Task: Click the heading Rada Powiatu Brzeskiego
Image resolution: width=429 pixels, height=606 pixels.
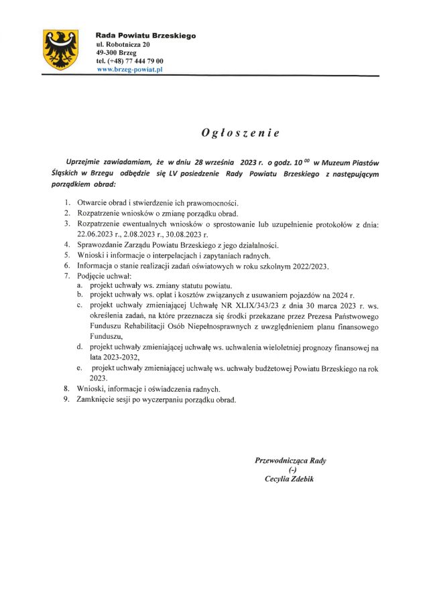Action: click(x=145, y=35)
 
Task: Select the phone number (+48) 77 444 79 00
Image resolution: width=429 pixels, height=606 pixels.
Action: click(x=135, y=60)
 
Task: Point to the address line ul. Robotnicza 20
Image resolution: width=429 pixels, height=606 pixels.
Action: click(x=123, y=44)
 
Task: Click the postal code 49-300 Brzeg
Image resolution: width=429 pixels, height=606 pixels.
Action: click(x=117, y=52)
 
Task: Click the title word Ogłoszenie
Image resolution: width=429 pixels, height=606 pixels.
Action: click(x=240, y=133)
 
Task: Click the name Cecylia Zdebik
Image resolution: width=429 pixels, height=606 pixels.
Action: click(x=289, y=479)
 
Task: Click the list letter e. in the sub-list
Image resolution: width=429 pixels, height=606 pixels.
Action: click(x=80, y=368)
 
